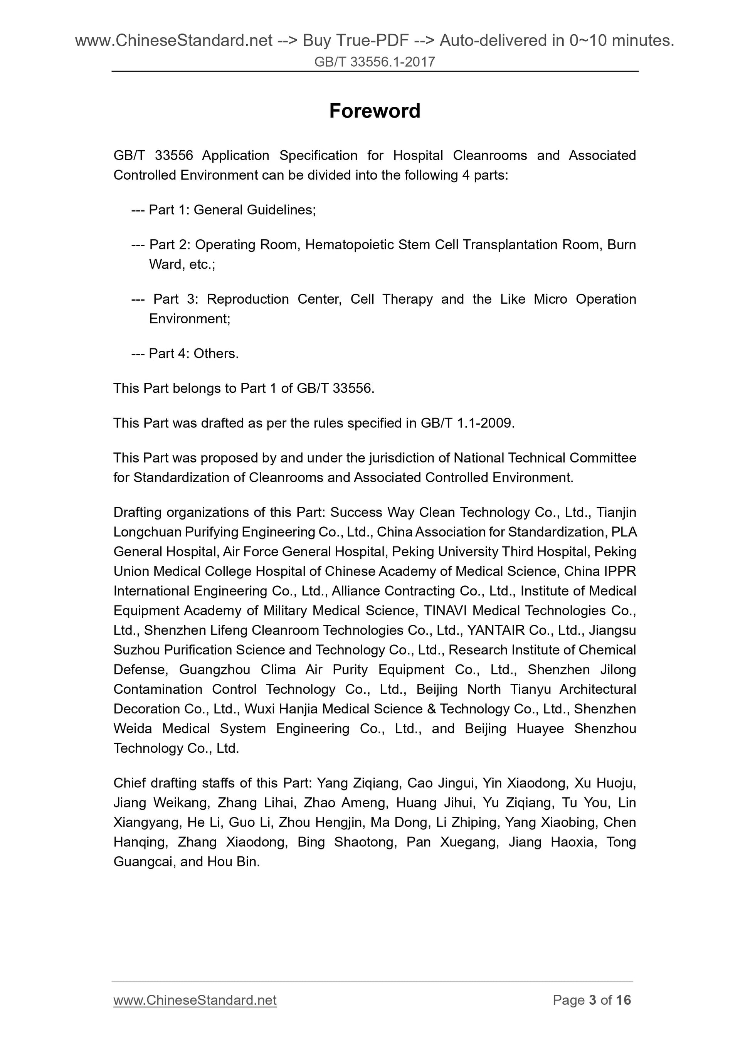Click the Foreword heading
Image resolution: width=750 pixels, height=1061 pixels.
374,111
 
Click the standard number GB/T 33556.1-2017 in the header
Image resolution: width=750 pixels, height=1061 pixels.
374,62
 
